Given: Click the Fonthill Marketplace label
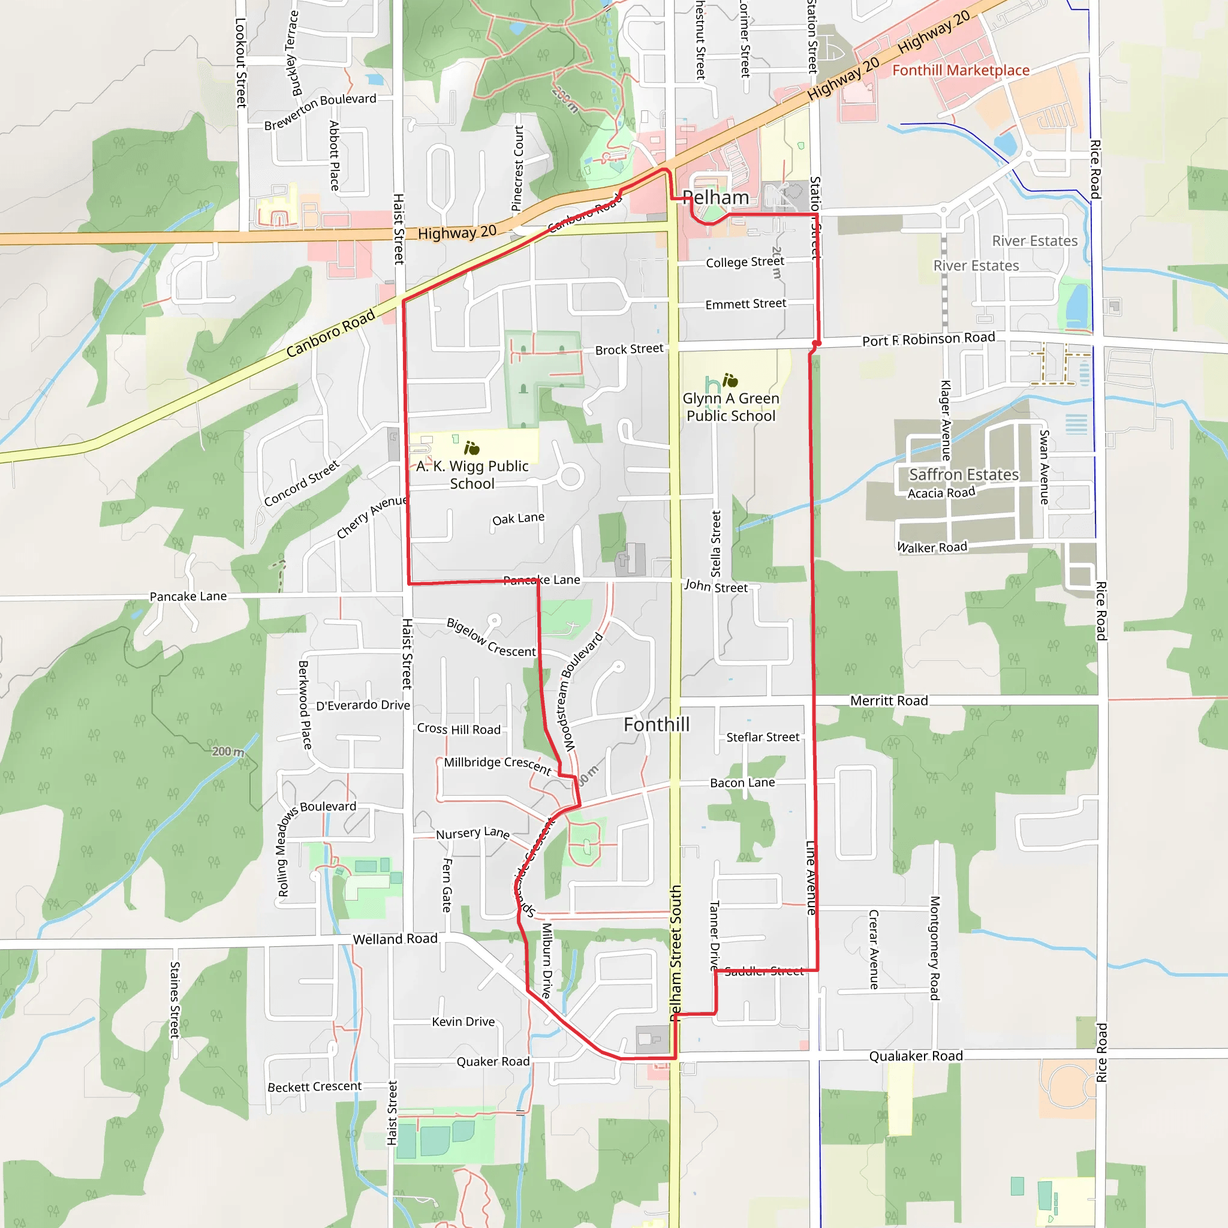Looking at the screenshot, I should [x=961, y=71].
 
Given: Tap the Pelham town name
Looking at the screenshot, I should [x=716, y=198].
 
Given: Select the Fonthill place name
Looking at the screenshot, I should [x=657, y=724].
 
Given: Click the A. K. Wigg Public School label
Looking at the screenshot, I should [x=472, y=475].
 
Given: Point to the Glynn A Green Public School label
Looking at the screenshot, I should [x=731, y=407].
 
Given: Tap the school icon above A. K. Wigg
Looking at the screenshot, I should [x=472, y=449].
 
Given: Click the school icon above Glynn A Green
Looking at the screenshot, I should [x=730, y=380].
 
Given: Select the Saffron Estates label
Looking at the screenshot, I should [x=964, y=475].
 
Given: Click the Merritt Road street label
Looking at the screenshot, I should [x=889, y=700].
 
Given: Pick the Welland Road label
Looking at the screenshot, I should [x=395, y=939].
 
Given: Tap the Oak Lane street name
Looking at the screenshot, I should [x=518, y=519].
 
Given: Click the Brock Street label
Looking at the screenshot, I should [x=628, y=350].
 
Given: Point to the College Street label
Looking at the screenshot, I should [x=745, y=262].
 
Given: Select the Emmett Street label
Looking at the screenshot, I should [x=745, y=305].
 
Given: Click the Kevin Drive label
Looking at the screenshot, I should [x=463, y=1021].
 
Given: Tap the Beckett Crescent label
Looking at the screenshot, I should [x=314, y=1087].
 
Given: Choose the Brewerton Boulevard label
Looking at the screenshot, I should [x=320, y=112].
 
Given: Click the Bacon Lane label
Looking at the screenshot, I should [x=742, y=782].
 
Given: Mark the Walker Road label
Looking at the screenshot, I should [x=932, y=547].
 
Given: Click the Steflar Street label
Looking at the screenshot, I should [x=763, y=737].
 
